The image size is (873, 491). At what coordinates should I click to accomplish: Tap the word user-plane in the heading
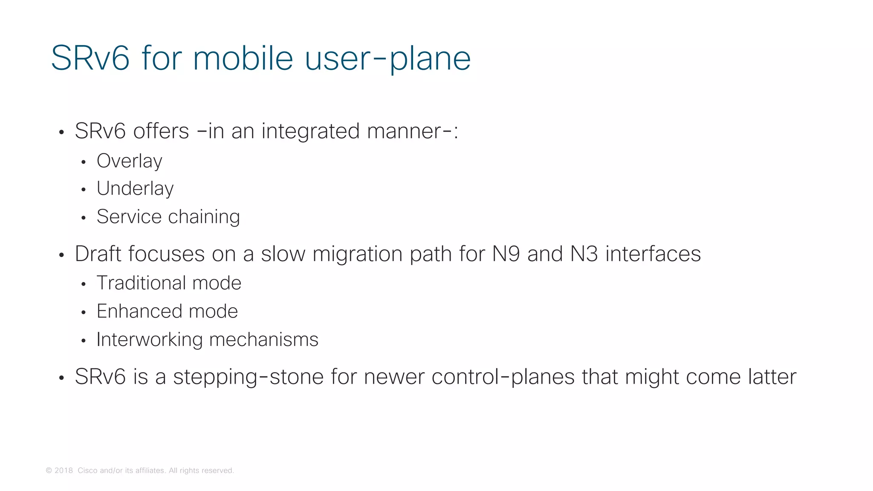387,59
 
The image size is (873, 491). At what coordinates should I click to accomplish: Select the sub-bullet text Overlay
129,161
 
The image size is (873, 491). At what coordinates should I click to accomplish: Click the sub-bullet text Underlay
135,189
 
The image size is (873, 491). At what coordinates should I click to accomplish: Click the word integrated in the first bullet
310,131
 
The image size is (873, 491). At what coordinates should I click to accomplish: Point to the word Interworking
149,340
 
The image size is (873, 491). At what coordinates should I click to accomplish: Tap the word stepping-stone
248,377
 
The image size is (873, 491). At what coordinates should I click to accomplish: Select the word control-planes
503,377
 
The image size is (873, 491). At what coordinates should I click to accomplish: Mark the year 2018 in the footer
64,471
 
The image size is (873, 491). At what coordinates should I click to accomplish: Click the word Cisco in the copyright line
87,471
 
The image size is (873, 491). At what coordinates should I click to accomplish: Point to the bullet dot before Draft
61,256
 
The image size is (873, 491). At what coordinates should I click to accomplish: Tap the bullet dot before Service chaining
84,218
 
